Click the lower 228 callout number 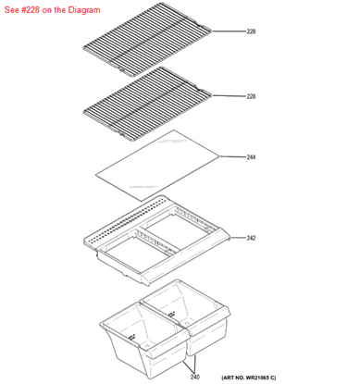click(x=251, y=96)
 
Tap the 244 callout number click(x=251, y=157)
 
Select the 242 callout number click(x=251, y=238)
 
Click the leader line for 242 click(x=235, y=238)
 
